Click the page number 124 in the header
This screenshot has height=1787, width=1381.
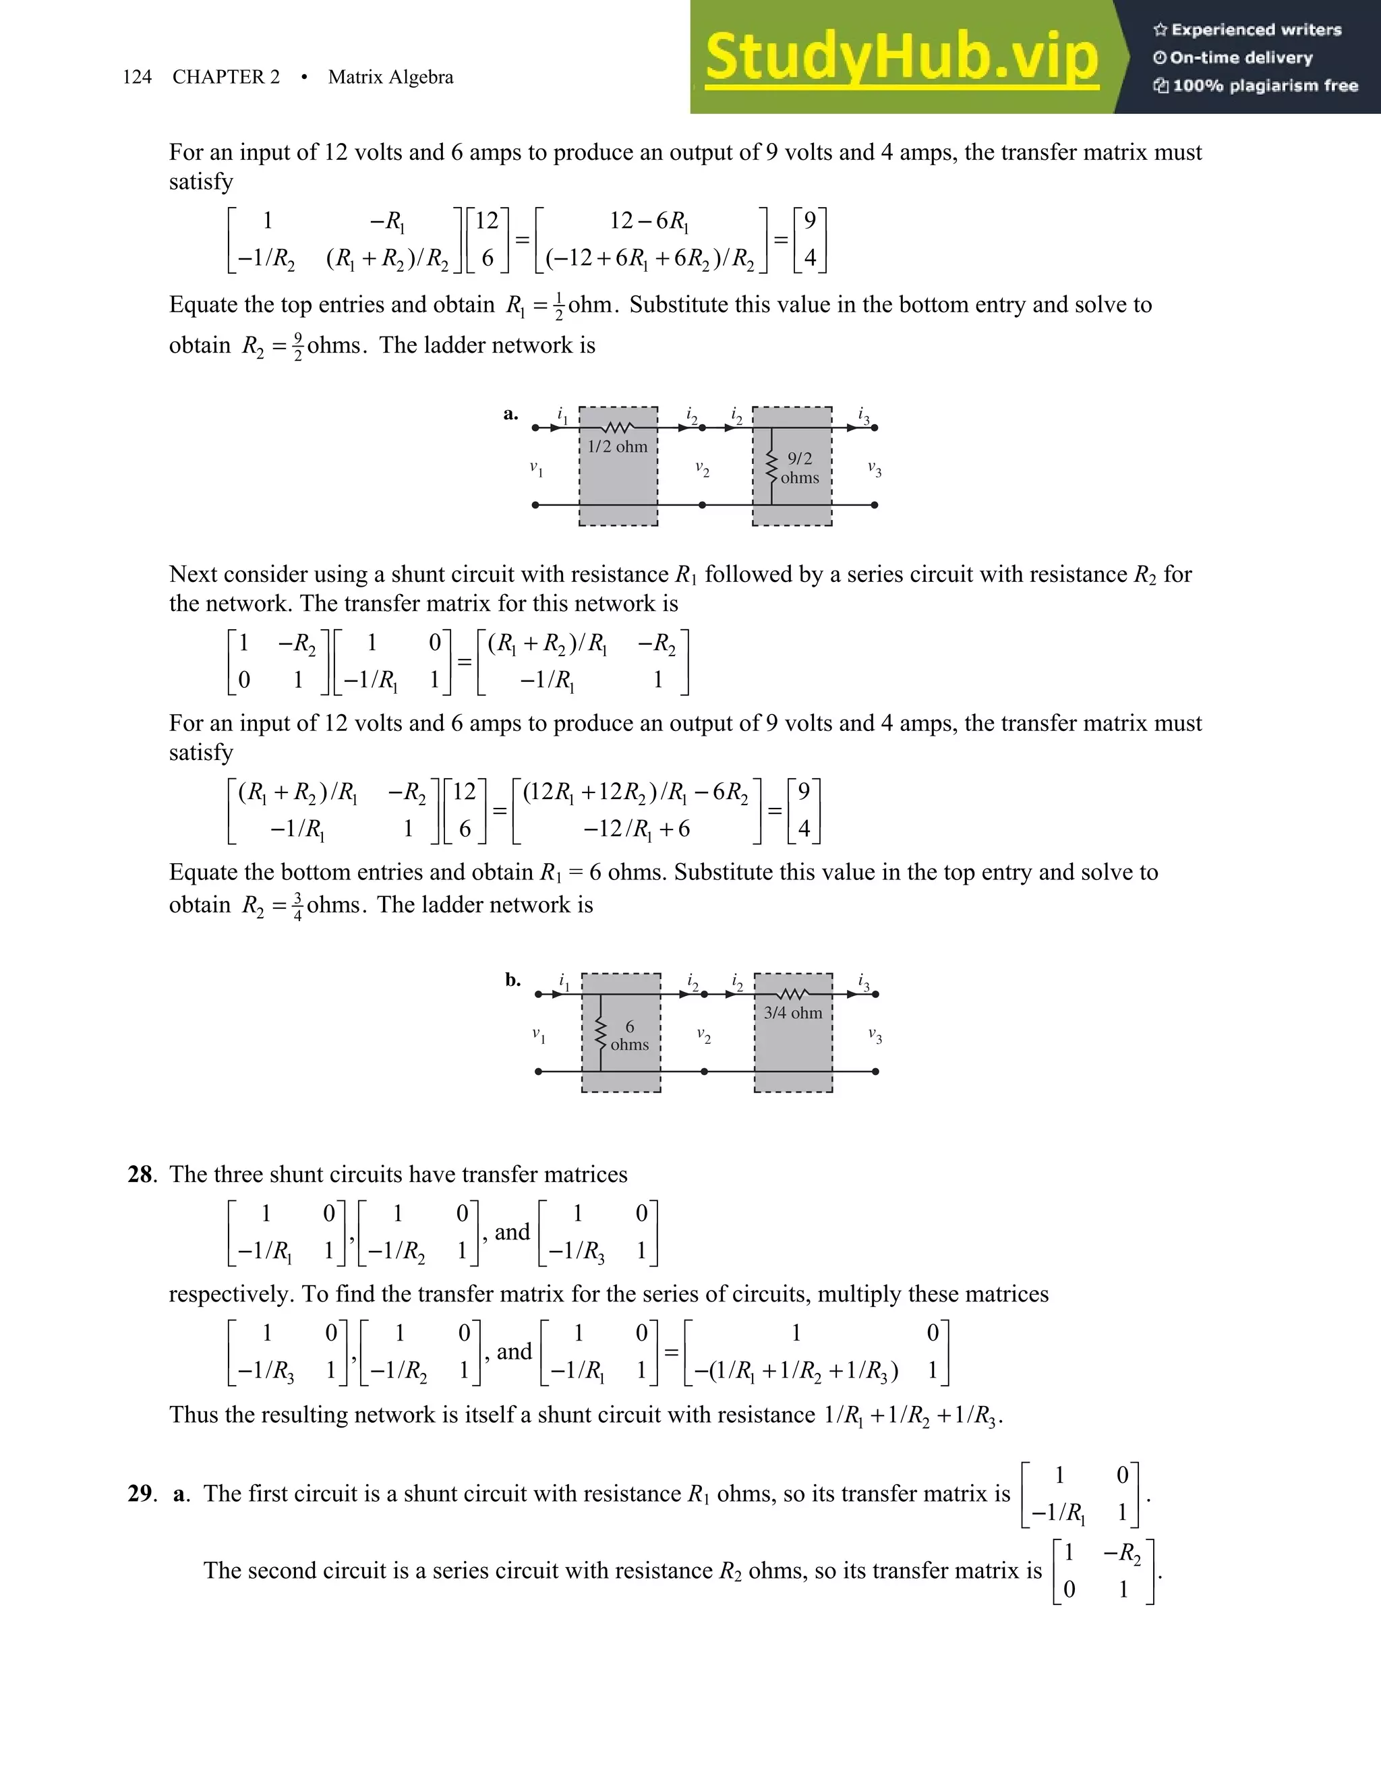[x=137, y=77]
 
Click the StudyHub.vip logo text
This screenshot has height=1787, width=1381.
[x=901, y=57]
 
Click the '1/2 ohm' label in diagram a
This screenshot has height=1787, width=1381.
[x=618, y=446]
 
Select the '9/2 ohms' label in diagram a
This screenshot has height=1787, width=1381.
[x=799, y=468]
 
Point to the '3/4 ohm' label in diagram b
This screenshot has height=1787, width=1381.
[x=793, y=1013]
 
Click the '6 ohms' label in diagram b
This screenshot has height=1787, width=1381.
[x=629, y=1035]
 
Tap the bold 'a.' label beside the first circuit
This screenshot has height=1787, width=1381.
[x=510, y=414]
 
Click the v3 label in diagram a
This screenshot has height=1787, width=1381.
[x=875, y=469]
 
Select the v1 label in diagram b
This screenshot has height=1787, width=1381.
[x=538, y=1035]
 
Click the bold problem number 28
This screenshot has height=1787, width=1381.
[x=140, y=1174]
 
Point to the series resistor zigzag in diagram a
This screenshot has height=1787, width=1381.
[x=618, y=427]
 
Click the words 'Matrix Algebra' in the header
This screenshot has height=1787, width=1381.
[x=390, y=77]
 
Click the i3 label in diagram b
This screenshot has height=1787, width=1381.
[x=863, y=981]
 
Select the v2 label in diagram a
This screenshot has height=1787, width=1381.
[x=702, y=469]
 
